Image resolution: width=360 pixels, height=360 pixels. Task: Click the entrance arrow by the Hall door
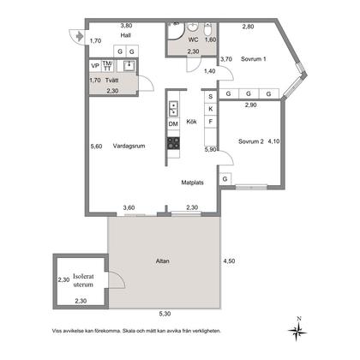79,36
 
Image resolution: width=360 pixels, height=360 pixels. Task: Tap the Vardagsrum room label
129,146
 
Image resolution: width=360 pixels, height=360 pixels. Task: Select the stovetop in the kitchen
173,143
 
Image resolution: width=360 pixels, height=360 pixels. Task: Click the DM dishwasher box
173,123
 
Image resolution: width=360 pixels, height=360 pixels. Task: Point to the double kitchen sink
173,109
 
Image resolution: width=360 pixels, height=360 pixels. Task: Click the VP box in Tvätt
95,66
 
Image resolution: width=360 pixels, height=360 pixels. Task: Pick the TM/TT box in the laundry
107,66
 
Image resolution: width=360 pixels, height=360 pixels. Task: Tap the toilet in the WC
208,29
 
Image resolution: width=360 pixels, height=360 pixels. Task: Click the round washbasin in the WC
193,27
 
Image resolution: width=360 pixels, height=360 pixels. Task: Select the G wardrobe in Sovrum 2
225,179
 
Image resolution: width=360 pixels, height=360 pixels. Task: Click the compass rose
297,330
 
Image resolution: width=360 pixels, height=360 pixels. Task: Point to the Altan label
163,261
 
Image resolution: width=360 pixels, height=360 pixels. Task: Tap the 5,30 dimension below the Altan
165,314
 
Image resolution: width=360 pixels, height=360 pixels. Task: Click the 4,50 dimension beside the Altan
229,261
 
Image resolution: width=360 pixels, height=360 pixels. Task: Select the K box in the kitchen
211,109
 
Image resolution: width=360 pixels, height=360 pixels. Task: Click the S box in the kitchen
211,97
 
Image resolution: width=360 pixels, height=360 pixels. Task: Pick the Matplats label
193,183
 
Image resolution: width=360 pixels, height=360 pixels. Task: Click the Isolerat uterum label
83,280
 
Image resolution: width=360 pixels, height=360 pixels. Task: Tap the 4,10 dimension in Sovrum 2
273,141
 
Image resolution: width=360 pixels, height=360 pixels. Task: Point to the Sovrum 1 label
254,59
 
